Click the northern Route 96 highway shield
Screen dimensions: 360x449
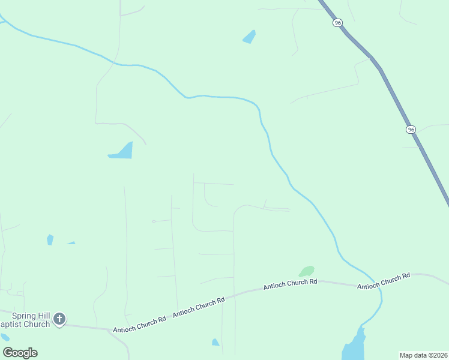click(x=338, y=22)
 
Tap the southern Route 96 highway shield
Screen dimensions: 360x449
click(x=411, y=129)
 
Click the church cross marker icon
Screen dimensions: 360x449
click(x=59, y=319)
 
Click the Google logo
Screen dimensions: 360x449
click(x=20, y=352)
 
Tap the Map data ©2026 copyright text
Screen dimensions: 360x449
click(x=423, y=355)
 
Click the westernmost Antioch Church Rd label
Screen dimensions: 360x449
click(x=139, y=325)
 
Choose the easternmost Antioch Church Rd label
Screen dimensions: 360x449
click(x=384, y=281)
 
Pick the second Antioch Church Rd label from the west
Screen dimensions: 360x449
click(x=199, y=306)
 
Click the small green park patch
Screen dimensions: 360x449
click(x=307, y=271)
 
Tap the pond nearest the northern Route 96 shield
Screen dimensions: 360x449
click(x=249, y=37)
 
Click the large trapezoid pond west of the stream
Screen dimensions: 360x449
click(x=122, y=151)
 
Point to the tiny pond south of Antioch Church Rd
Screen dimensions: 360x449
click(x=215, y=342)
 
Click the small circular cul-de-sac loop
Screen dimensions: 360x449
click(x=154, y=221)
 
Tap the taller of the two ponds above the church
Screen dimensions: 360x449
click(x=50, y=239)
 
